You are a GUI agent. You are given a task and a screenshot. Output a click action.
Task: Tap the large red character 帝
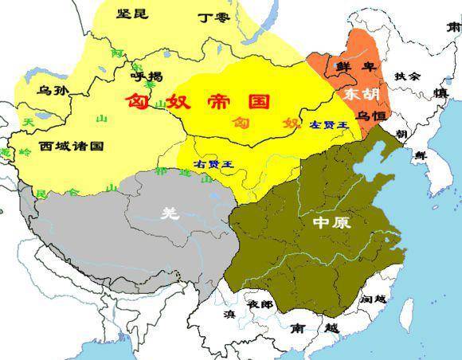(217, 102)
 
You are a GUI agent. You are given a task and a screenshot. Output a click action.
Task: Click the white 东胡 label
(362, 94)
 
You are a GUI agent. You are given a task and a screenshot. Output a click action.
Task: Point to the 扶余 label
(409, 76)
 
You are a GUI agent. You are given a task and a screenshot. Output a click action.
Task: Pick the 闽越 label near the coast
(373, 299)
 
